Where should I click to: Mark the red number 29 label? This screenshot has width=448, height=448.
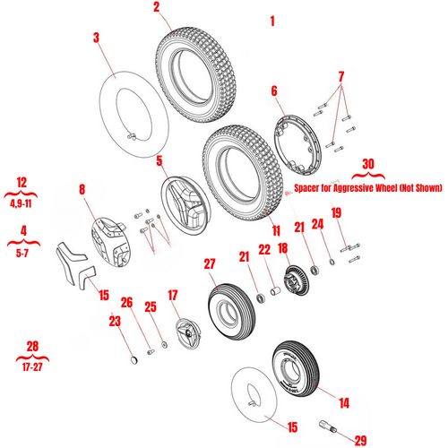pyautogui.click(x=361, y=440)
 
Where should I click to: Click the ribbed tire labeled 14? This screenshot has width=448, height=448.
pyautogui.click(x=292, y=366)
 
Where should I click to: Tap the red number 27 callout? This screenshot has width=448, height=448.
pyautogui.click(x=210, y=264)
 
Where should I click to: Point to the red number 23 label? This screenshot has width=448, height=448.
pyautogui.click(x=114, y=321)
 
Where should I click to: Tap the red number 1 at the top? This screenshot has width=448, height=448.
pyautogui.click(x=273, y=20)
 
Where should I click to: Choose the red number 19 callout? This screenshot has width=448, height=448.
pyautogui.click(x=336, y=212)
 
